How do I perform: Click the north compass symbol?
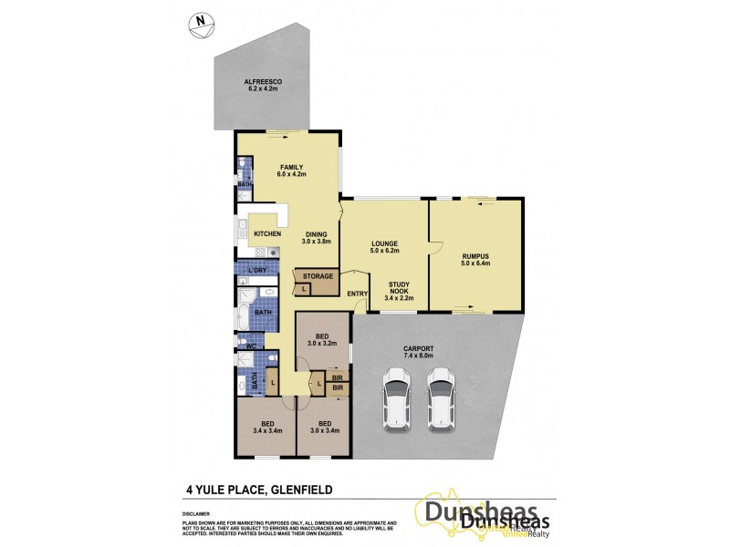[x=197, y=26]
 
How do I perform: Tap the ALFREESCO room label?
[x=263, y=82]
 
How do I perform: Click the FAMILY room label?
[x=291, y=167]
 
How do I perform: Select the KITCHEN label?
[x=267, y=234]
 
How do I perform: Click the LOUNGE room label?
[x=382, y=243]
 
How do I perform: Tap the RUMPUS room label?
[x=476, y=256]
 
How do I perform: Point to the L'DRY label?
[x=257, y=271]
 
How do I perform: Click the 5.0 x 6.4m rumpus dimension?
[x=476, y=263]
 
